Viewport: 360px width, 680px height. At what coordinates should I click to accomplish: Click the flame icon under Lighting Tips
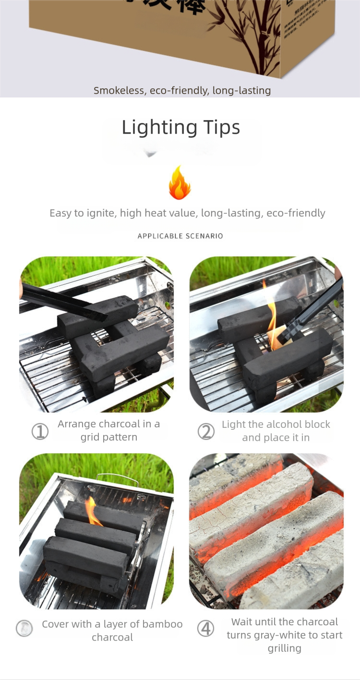[180, 183]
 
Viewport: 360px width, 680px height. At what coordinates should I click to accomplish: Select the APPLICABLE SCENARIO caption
[180, 236]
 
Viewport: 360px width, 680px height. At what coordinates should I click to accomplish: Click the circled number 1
[40, 431]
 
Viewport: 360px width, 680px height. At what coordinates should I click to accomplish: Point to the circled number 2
[206, 431]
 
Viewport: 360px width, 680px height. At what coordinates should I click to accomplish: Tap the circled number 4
[205, 628]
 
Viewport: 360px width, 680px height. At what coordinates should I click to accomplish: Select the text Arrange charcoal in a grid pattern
[109, 431]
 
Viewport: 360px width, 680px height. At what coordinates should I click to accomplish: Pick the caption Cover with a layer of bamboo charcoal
[112, 631]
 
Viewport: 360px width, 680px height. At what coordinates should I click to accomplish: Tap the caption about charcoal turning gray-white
[284, 635]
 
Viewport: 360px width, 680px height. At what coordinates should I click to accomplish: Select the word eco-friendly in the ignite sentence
[296, 213]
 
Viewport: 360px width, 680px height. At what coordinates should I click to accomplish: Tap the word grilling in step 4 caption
[285, 648]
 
